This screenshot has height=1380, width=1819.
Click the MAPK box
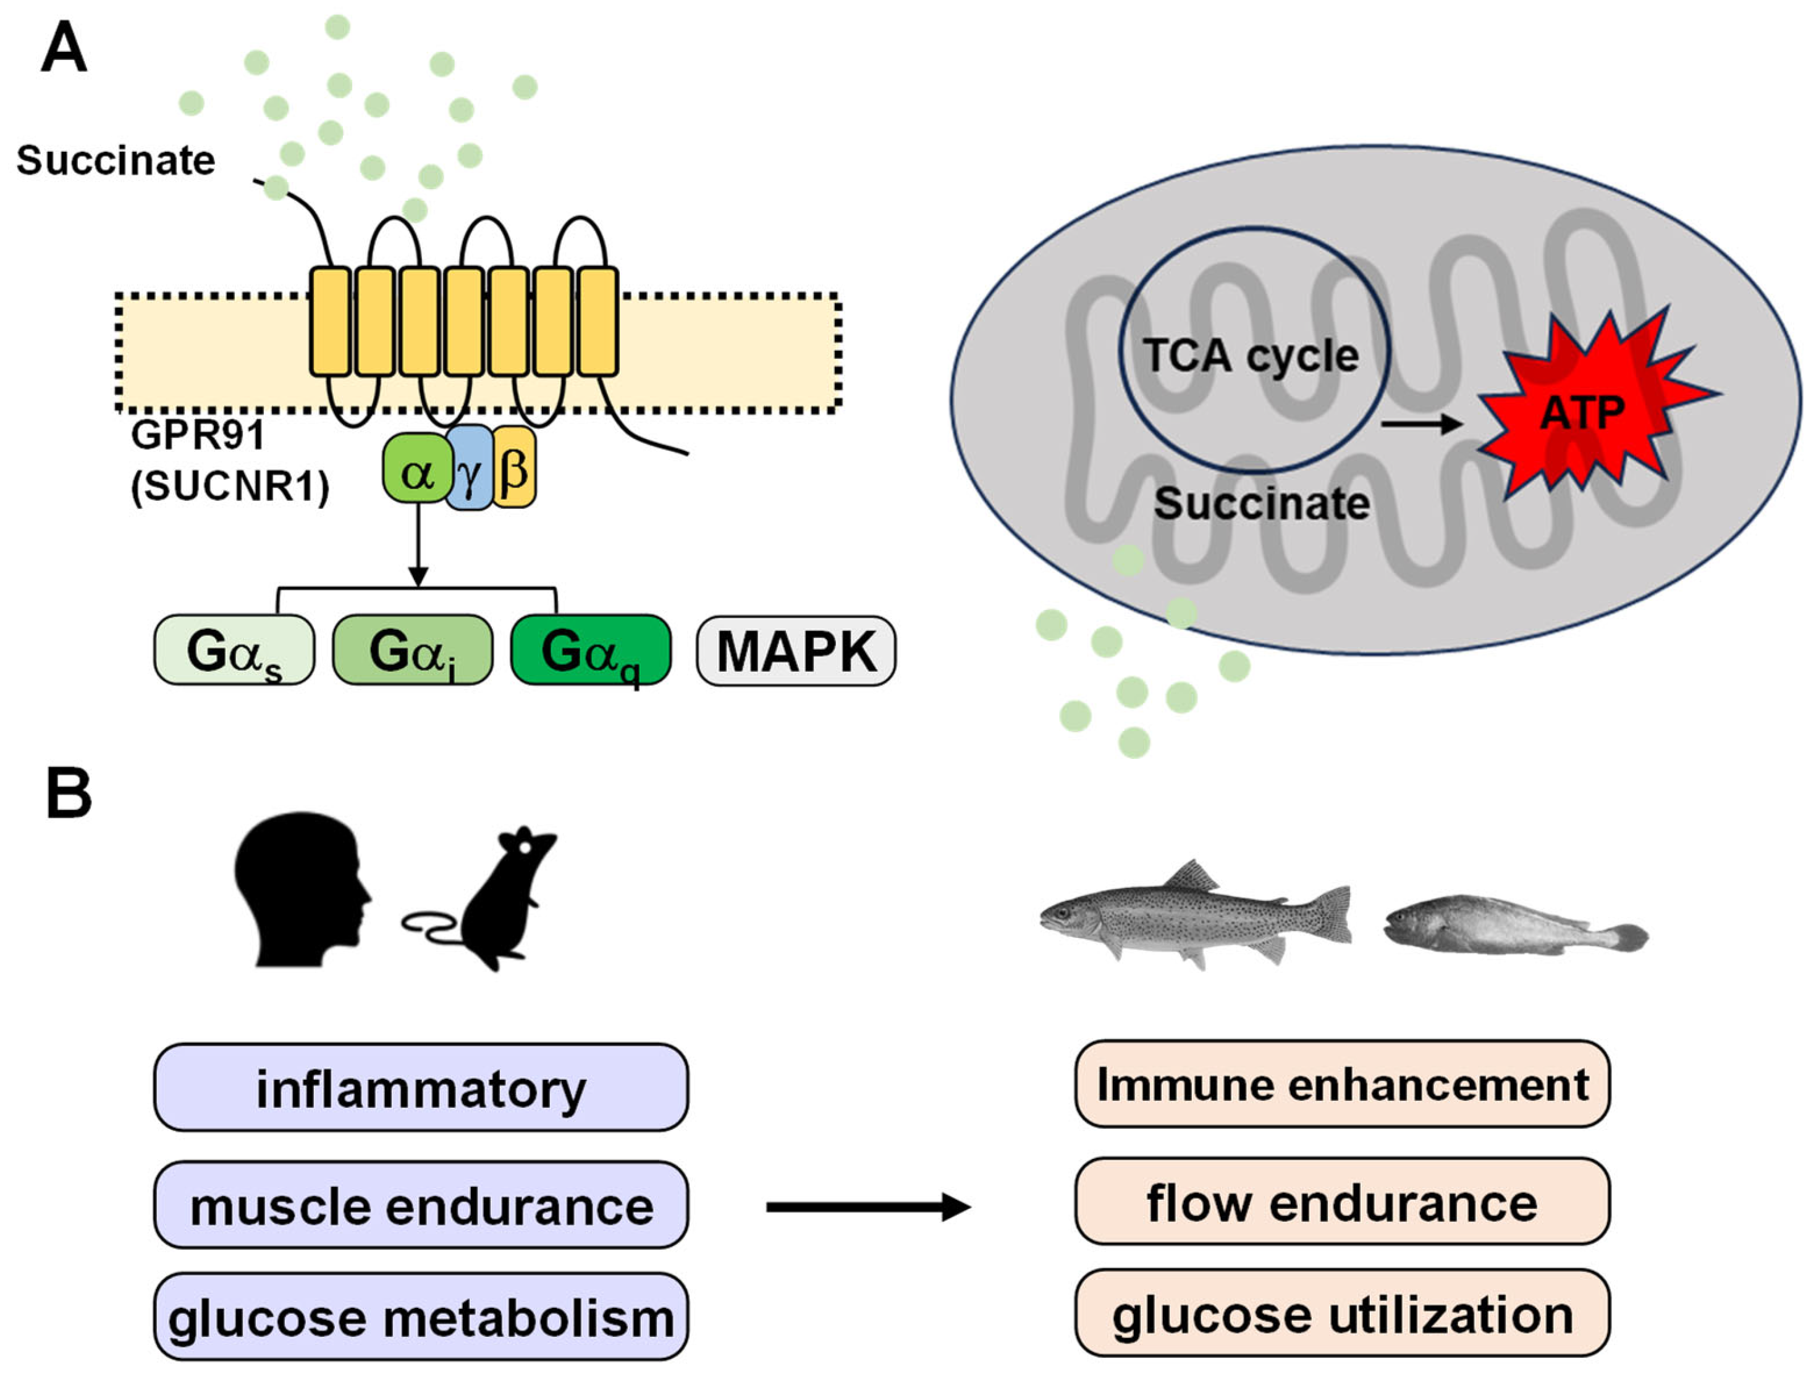click(x=796, y=651)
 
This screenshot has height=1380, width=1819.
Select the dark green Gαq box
click(x=591, y=650)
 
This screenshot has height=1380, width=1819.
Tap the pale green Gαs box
click(x=234, y=650)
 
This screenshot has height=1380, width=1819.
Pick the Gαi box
click(x=412, y=650)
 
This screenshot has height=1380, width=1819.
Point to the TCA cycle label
click(x=1251, y=356)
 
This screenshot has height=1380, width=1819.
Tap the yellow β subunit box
click(x=514, y=467)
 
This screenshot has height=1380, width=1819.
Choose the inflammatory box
click(x=421, y=1087)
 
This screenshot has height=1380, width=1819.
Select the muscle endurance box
click(x=421, y=1205)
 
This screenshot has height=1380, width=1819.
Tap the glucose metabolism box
click(x=421, y=1317)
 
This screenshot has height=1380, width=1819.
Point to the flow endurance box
click(x=1342, y=1202)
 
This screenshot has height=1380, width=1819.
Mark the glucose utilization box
click(x=1342, y=1313)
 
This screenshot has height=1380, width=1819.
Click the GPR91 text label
click(x=198, y=434)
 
